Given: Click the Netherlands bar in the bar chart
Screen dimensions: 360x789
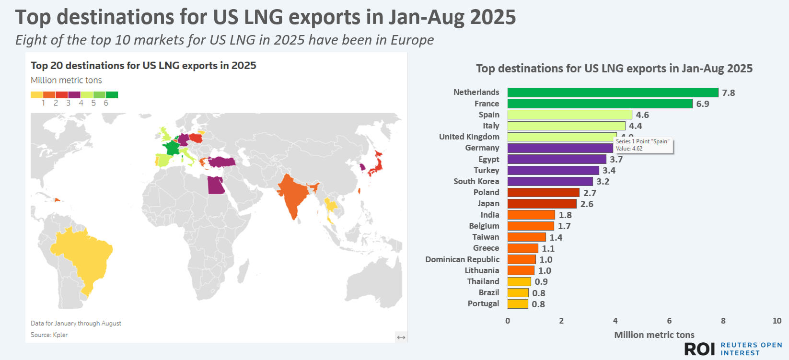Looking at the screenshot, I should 613,93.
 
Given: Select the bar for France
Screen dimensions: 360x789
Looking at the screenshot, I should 600,104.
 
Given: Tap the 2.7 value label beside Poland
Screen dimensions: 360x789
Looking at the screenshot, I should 590,193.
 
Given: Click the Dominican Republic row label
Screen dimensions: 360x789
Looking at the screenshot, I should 462,259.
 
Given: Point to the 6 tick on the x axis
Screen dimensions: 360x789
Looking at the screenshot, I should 669,321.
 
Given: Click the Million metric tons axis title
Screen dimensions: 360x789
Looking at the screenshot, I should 654,335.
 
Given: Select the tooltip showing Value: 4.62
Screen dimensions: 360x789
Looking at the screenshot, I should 643,145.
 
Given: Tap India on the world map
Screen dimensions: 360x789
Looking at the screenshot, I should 292,194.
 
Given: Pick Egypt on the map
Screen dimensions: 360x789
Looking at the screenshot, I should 216,186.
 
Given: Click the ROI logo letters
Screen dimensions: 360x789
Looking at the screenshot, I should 699,349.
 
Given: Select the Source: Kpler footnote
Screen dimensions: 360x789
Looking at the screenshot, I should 49,335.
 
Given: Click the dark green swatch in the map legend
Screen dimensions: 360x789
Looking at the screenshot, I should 112,95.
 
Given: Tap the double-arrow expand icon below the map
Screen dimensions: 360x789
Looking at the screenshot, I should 401,337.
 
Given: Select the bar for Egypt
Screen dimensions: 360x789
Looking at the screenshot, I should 557,159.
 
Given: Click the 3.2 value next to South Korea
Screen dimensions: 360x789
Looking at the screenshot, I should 603,182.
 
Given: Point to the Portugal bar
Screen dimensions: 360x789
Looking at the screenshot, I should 518,304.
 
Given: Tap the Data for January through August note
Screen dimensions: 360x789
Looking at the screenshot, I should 76,323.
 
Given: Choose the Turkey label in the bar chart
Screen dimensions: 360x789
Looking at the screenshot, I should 486,170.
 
